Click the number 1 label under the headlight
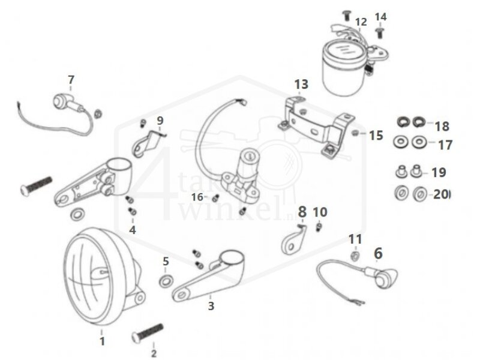102,341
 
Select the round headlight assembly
99,279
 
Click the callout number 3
211,306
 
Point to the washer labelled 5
166,280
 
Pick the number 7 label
71,80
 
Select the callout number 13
301,84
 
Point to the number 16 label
197,197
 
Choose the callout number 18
442,127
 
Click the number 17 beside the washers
445,145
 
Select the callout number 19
439,173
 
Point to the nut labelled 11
355,256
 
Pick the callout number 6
377,254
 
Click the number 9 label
160,121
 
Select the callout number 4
132,229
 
